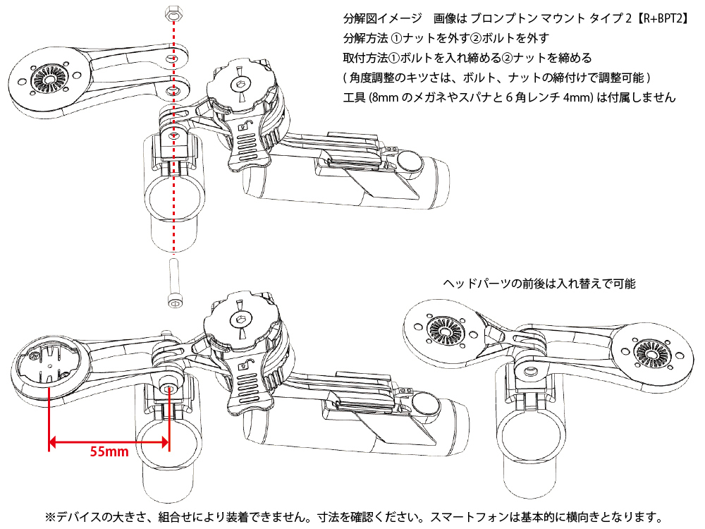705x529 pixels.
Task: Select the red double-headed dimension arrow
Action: [x=109, y=443]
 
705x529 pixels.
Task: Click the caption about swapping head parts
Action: [x=539, y=284]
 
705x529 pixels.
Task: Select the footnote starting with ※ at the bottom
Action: [x=353, y=516]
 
